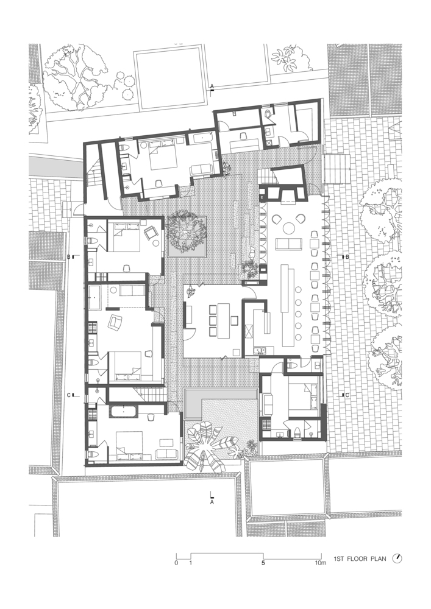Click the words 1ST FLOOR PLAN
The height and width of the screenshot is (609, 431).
(360, 559)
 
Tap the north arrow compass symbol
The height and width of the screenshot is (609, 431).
(397, 558)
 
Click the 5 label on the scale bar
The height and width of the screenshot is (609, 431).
(263, 563)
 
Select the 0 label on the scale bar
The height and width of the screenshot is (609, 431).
(176, 563)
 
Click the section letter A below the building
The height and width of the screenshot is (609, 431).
(212, 502)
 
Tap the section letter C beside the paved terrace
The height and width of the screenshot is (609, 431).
(347, 395)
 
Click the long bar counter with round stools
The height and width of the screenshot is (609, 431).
(288, 305)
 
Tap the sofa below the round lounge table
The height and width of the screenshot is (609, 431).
(289, 244)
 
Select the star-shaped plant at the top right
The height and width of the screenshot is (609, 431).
(287, 58)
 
